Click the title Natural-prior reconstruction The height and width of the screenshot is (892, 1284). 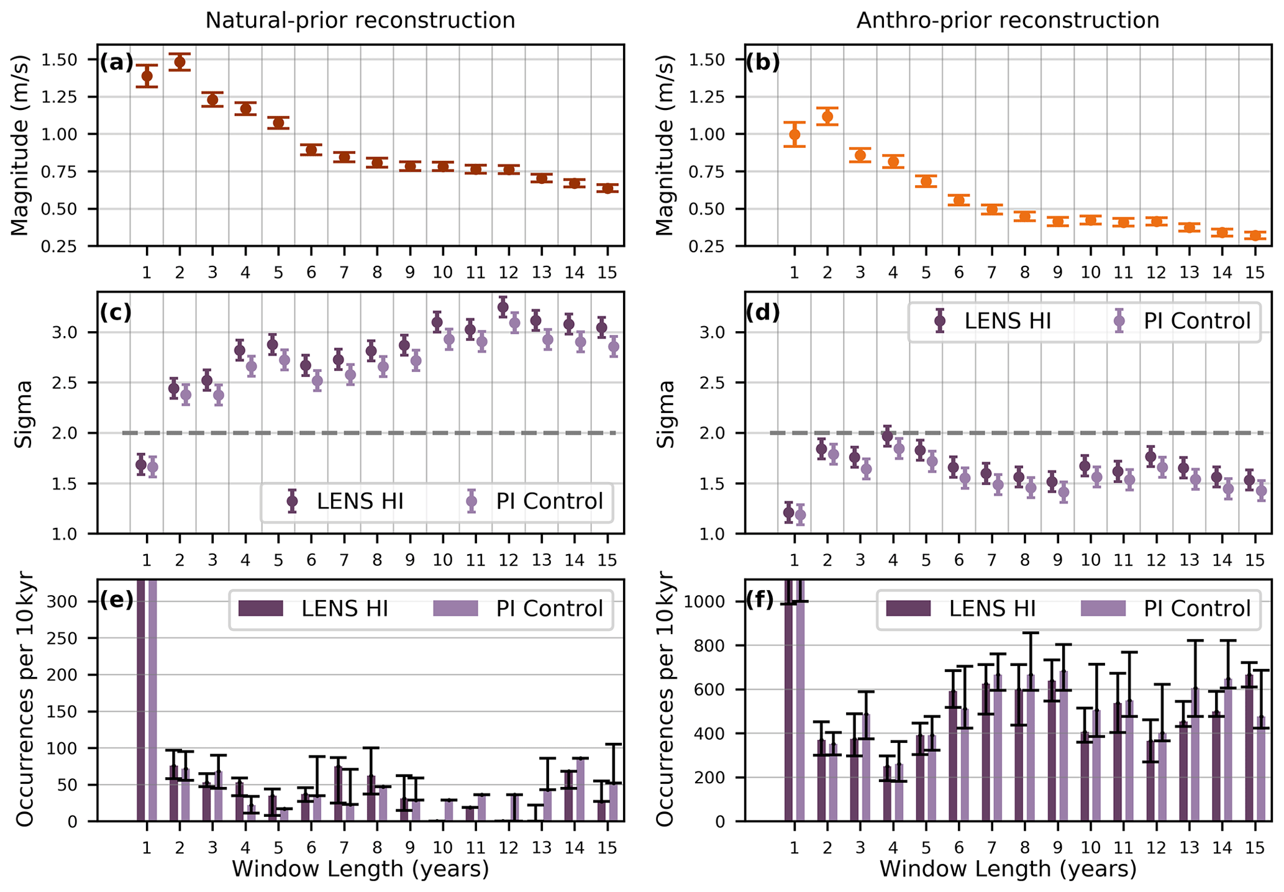360,20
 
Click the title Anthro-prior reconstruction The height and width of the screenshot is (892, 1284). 1008,20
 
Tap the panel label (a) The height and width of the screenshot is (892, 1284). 116,62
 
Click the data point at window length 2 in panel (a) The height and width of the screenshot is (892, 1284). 180,61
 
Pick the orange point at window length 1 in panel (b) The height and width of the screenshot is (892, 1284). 795,134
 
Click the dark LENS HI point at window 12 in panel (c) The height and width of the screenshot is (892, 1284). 503,306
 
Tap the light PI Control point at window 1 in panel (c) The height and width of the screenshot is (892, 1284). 153,467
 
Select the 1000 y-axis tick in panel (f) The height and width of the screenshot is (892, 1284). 712,601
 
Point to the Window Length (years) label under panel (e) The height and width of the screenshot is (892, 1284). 360,869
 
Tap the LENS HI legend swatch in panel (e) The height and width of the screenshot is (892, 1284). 261,608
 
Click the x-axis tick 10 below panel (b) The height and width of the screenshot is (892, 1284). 1090,273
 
